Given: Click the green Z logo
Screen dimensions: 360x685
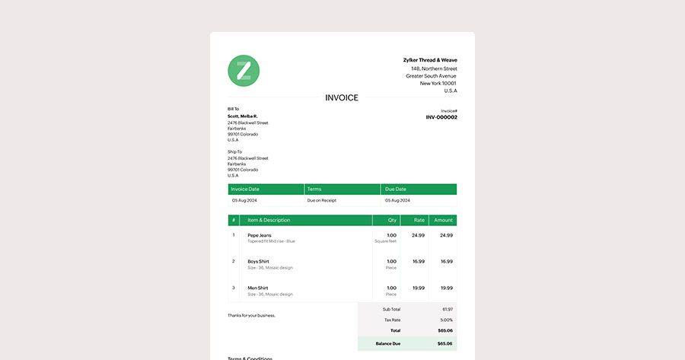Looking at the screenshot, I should [x=244, y=71].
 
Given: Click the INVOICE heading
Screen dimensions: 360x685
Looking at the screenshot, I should [x=342, y=97].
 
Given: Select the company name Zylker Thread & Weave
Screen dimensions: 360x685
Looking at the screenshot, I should [x=430, y=60].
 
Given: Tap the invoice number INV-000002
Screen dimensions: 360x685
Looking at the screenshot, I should [x=441, y=117].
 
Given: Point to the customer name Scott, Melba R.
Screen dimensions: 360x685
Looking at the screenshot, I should [x=242, y=116].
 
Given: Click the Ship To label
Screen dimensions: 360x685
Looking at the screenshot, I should [x=234, y=151].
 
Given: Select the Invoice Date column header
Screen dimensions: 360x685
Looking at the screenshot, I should [x=245, y=189].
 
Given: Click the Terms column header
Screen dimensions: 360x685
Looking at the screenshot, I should [x=314, y=189].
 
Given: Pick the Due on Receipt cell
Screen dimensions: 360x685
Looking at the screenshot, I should [x=322, y=200].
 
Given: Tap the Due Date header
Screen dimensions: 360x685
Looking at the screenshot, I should [x=395, y=189].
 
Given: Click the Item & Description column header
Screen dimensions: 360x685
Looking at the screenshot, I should [x=269, y=220].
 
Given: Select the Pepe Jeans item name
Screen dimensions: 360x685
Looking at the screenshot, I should [x=259, y=235].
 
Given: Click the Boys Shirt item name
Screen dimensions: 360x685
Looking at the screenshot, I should [x=258, y=261].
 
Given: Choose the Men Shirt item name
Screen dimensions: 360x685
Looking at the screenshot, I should [x=257, y=288].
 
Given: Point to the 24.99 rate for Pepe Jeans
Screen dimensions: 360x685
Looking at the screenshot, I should [x=418, y=235].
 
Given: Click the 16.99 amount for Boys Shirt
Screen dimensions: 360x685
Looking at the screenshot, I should [x=446, y=261].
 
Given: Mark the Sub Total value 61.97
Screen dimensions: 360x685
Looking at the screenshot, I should [x=447, y=309].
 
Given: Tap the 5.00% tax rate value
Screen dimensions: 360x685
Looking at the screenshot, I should [x=445, y=320].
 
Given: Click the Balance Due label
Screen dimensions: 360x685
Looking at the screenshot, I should [x=388, y=344].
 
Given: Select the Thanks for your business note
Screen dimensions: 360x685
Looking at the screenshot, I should [x=251, y=315].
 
